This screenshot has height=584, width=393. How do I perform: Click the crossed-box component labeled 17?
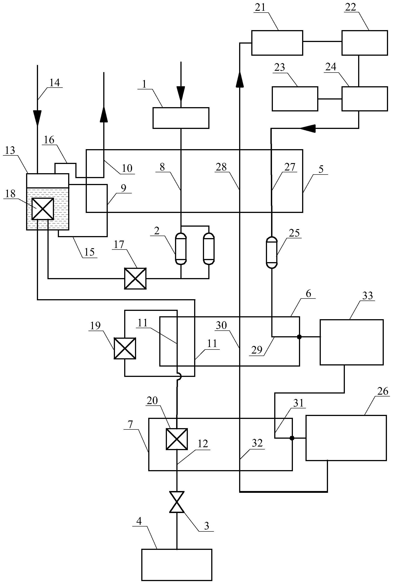click(x=135, y=279)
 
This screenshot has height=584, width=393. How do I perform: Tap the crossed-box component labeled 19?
click(x=125, y=348)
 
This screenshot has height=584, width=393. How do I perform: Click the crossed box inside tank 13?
click(x=43, y=209)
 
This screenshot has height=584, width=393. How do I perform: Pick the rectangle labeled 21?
click(x=277, y=43)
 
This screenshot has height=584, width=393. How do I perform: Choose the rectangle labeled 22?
click(x=364, y=43)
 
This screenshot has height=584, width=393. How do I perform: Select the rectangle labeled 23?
click(x=295, y=99)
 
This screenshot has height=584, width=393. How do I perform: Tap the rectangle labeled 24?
click(x=364, y=99)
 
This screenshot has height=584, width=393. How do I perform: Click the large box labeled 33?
click(x=351, y=342)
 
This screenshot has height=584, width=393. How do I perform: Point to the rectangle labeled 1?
click(x=181, y=118)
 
